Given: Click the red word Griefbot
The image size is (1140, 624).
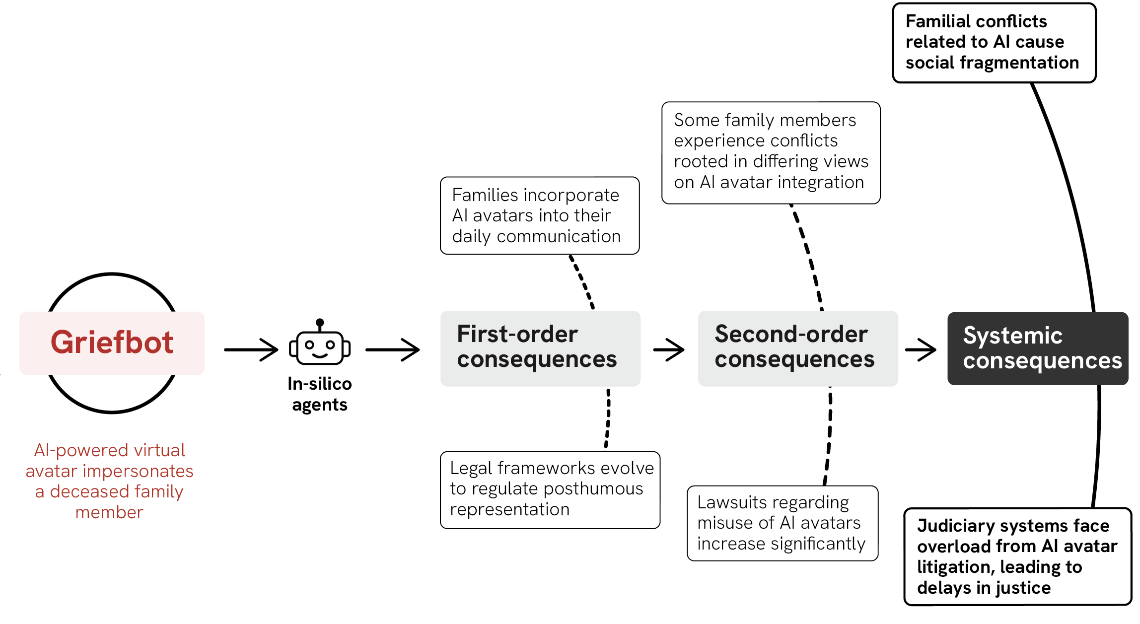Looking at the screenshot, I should tap(112, 343).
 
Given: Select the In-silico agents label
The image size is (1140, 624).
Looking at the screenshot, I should tap(320, 394).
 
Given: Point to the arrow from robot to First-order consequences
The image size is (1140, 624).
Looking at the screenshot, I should tap(392, 349).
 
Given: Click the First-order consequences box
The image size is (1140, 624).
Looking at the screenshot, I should tap(540, 348).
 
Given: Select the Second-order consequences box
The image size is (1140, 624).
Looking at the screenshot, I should tap(797, 348).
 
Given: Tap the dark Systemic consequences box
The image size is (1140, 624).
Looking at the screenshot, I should tap(1038, 348).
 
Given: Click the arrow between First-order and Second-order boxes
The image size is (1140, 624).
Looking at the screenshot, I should tap(669, 349).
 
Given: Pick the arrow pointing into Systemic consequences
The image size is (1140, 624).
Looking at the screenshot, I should tap(921, 349).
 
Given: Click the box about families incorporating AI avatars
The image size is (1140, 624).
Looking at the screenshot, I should tap(539, 215).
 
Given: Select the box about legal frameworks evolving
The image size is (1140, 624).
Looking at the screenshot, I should tap(550, 489).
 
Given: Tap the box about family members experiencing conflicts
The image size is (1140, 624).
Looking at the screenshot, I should tap(771, 152).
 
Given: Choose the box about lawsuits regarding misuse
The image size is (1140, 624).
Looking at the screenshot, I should tap(782, 523).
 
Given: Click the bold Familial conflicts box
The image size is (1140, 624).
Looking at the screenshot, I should tap(994, 43).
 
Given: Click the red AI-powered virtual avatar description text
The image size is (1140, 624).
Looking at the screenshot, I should tap(110, 481).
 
